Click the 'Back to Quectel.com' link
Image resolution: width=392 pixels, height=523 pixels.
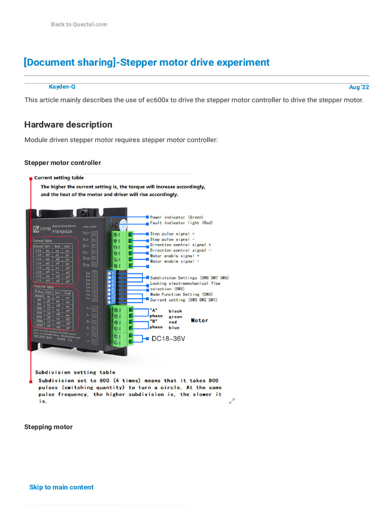pyautogui.click(x=79, y=25)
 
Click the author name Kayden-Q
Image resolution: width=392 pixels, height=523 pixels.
pyautogui.click(x=62, y=87)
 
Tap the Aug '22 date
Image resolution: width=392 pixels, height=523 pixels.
pyautogui.click(x=359, y=87)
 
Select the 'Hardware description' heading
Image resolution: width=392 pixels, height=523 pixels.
pyautogui.click(x=68, y=125)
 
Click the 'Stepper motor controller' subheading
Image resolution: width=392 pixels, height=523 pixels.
pyautogui.click(x=62, y=163)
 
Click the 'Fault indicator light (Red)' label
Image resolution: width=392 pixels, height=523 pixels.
pyautogui.click(x=181, y=223)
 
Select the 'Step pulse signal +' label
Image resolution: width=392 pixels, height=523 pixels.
pyautogui.click(x=172, y=234)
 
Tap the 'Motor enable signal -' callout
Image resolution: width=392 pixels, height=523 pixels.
pyautogui.click(x=175, y=261)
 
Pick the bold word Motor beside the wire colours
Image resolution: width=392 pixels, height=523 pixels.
pyautogui.click(x=200, y=320)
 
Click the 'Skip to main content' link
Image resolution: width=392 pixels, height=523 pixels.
pyautogui.click(x=61, y=487)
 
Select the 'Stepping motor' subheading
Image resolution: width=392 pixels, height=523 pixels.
pyautogui.click(x=48, y=427)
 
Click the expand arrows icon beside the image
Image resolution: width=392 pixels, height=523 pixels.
pyautogui.click(x=232, y=401)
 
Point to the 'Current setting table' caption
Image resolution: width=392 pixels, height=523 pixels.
pyautogui.click(x=59, y=178)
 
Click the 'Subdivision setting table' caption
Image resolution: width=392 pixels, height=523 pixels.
pyautogui.click(x=75, y=372)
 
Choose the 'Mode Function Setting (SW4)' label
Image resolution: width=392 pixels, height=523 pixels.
pyautogui.click(x=182, y=294)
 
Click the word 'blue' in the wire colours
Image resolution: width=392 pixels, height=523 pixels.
pyautogui.click(x=175, y=327)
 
